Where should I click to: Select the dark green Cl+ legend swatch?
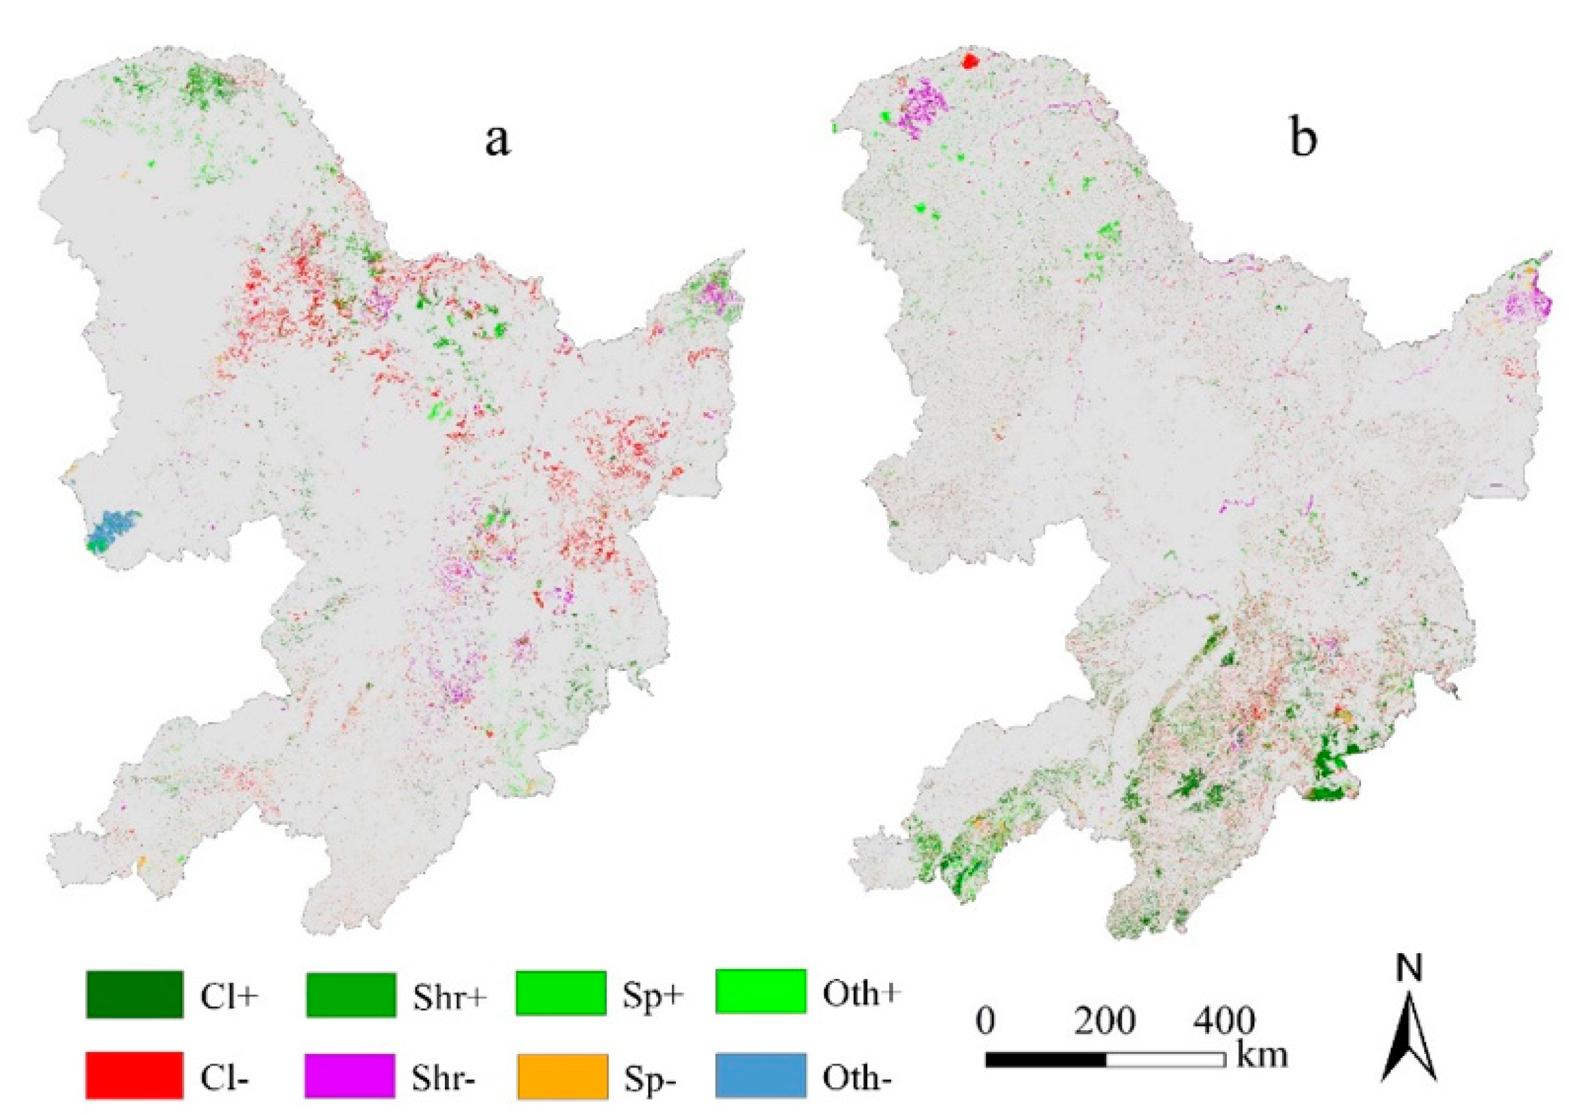(135, 994)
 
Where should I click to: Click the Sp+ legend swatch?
(561, 992)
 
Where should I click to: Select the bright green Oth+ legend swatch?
(760, 990)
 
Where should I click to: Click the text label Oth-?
(857, 1078)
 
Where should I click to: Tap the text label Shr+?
(450, 997)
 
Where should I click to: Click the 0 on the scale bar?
(985, 1022)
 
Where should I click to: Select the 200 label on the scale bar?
(1104, 1022)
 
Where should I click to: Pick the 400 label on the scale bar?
(1225, 1022)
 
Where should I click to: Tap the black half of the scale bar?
(1045, 1059)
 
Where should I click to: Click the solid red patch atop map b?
(969, 61)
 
